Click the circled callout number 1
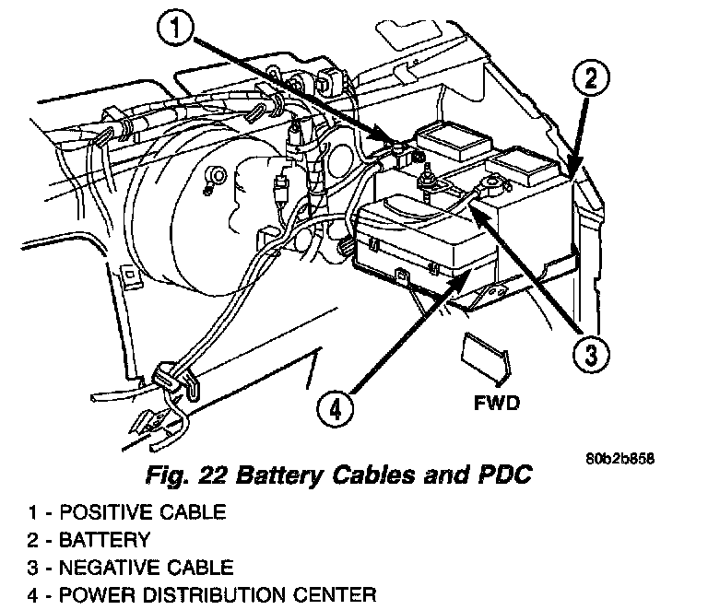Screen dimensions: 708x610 coord(175,27)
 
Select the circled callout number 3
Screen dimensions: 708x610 coord(591,354)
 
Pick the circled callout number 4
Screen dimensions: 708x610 coord(335,409)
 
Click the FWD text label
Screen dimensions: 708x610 coord(497,403)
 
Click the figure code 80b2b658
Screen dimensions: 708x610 coord(619,459)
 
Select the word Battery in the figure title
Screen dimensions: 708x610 coord(279,475)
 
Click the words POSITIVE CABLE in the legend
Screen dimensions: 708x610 coord(143,512)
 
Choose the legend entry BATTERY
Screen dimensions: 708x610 coord(104,540)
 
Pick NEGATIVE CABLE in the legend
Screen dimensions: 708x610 coord(147,568)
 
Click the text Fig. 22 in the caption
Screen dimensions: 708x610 coord(185,475)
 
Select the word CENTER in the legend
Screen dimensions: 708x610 coord(336,594)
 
